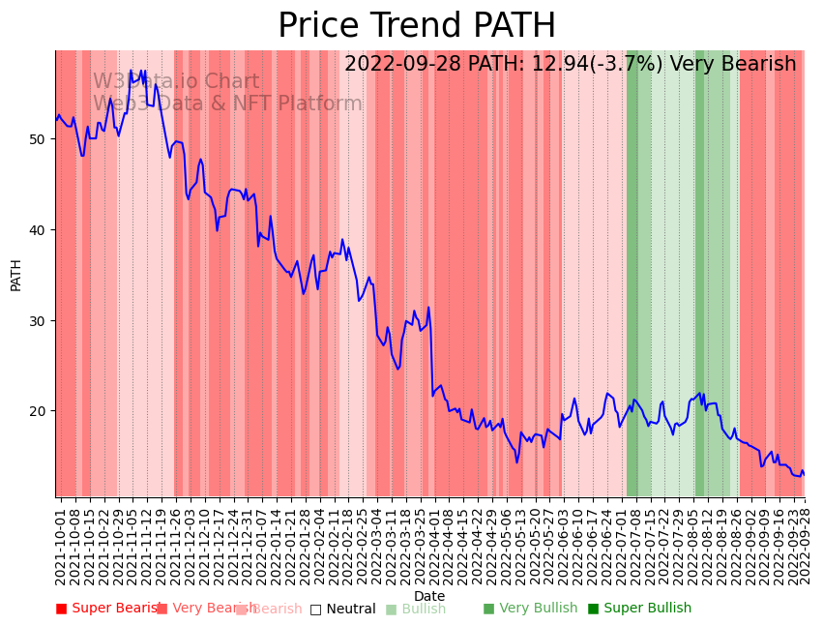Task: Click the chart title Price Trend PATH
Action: click(417, 26)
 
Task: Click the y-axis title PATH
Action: click(15, 274)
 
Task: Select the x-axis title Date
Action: click(429, 596)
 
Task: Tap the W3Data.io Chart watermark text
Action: click(176, 82)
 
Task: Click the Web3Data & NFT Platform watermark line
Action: click(227, 104)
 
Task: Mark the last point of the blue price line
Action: click(804, 475)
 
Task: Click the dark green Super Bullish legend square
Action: click(593, 609)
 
